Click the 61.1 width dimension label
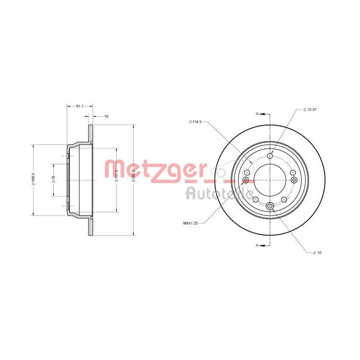[x=79, y=106]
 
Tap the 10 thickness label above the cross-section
[x=105, y=116]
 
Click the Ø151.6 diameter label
[x=116, y=177]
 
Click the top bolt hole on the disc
[x=270, y=155]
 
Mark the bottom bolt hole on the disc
[x=270, y=205]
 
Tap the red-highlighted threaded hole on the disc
[x=245, y=180]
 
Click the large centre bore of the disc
[x=270, y=180]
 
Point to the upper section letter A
[x=257, y=114]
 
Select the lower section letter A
[x=257, y=245]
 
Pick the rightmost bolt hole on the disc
[x=294, y=180]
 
